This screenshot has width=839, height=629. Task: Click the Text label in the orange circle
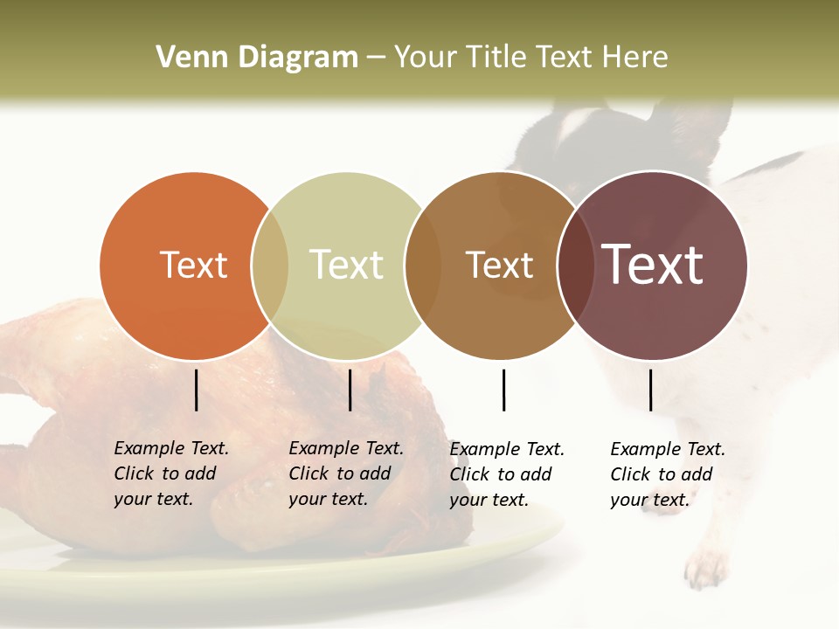pyautogui.click(x=193, y=265)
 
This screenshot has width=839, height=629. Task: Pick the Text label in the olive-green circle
pyautogui.click(x=347, y=265)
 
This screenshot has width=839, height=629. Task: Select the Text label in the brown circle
pyautogui.click(x=499, y=265)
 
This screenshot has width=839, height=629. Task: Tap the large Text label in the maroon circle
pyautogui.click(x=653, y=265)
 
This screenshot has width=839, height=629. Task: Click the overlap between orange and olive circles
pyautogui.click(x=270, y=266)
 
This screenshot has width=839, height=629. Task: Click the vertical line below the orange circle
pyautogui.click(x=197, y=390)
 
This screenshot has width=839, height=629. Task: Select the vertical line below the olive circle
pyautogui.click(x=350, y=390)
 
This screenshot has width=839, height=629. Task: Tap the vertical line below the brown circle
pyautogui.click(x=503, y=390)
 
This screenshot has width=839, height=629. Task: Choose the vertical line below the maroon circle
pyautogui.click(x=650, y=390)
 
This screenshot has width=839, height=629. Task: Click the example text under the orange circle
pyautogui.click(x=170, y=473)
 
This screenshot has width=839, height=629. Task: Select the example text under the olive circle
pyautogui.click(x=345, y=473)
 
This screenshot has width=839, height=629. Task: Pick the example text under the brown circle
pyautogui.click(x=506, y=474)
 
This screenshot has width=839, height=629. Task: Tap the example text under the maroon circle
pyautogui.click(x=667, y=474)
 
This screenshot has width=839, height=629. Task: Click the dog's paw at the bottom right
pyautogui.click(x=706, y=569)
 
